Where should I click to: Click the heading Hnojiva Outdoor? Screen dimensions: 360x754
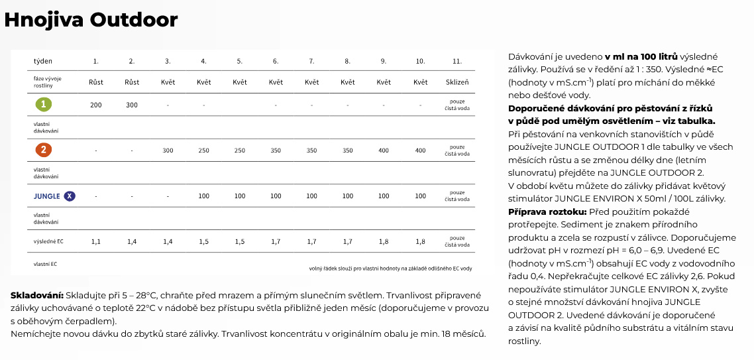91,20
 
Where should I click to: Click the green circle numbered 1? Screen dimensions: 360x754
43,105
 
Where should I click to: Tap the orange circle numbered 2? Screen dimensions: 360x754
43,150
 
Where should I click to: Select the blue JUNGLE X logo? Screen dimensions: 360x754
54,196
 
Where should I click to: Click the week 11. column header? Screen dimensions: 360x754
457,61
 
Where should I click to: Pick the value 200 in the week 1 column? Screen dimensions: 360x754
96,105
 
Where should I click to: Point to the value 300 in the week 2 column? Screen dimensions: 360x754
132,105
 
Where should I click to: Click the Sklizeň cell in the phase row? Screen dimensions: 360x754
457,82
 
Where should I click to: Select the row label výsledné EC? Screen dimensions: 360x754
48,241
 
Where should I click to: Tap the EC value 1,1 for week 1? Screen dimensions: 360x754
96,242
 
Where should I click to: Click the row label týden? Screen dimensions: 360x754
43,61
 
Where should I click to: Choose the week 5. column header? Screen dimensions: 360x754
240,61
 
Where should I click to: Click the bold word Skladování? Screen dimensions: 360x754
37,295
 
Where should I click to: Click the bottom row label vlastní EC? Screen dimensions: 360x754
45,264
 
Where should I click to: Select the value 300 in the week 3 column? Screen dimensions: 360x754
168,151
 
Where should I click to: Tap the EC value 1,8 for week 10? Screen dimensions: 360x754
420,242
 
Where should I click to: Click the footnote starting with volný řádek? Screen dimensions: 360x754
391,269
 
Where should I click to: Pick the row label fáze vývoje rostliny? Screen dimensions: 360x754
47,82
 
